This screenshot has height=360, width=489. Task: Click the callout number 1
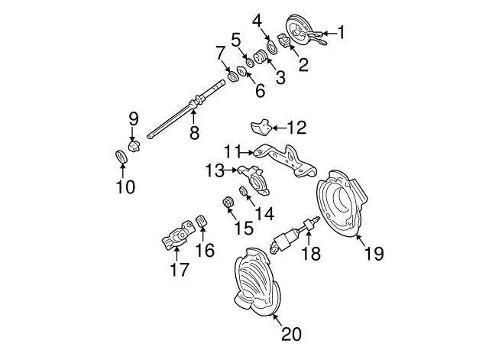pos(342,32)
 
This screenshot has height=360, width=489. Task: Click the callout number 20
pos(291,334)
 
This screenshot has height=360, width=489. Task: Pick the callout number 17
pos(179,269)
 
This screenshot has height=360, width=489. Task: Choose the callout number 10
pos(125,186)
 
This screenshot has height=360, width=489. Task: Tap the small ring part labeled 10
pos(120,157)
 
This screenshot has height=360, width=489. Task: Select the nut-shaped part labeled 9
pos(134,145)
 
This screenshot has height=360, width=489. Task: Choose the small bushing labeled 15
pos(226,203)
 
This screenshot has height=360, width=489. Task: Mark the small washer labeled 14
pos(244,190)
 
